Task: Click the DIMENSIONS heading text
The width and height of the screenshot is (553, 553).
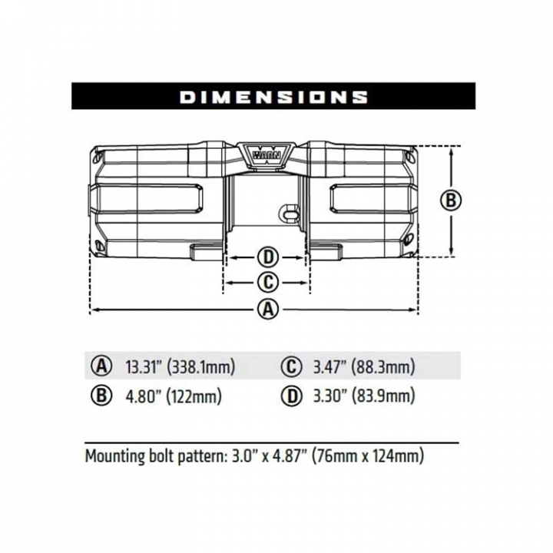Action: coord(273,97)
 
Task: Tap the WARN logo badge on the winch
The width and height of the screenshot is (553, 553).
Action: coord(267,154)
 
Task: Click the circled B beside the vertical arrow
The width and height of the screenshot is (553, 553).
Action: coord(451,200)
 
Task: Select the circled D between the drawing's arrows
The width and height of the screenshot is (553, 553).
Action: coord(268,257)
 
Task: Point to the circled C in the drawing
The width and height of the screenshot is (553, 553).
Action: coord(268,282)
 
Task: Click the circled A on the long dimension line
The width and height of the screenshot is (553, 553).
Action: coord(268,310)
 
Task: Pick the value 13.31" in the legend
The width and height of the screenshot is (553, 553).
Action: coord(143,367)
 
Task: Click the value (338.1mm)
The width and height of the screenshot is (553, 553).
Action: coord(200,367)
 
